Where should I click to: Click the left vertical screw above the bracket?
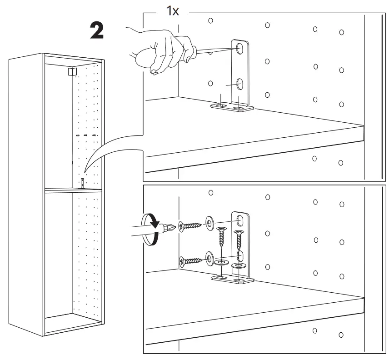(221, 236)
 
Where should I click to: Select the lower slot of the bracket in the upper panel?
(240, 84)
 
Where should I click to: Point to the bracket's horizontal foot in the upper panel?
(231, 108)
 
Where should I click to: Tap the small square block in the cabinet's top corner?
(71, 71)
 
